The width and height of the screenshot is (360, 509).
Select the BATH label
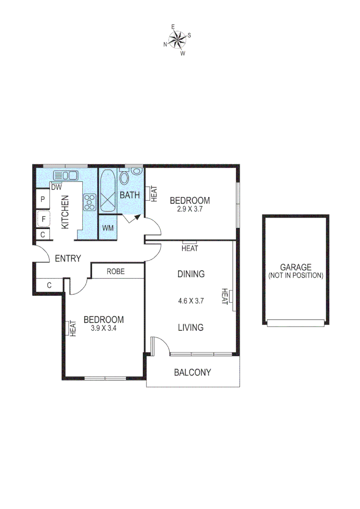click(130, 195)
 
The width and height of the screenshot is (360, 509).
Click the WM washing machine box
click(108, 228)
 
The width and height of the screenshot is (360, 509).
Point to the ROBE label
click(115, 271)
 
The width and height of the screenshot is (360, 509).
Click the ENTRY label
click(68, 258)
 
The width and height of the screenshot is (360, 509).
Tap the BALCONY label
click(192, 372)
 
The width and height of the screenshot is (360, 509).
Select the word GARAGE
click(295, 267)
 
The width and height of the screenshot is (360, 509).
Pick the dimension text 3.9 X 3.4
click(103, 328)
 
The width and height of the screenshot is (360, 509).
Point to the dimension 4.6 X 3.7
click(190, 301)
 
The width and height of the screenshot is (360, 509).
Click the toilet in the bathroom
click(125, 178)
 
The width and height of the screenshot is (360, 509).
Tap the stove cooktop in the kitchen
click(90, 202)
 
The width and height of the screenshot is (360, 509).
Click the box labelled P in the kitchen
click(42, 199)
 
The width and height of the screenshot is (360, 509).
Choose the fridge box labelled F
click(43, 219)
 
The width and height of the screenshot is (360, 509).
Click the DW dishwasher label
click(56, 187)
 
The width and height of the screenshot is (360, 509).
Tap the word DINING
click(191, 274)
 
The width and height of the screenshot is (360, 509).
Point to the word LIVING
click(190, 327)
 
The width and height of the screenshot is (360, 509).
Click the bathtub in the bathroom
click(107, 193)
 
